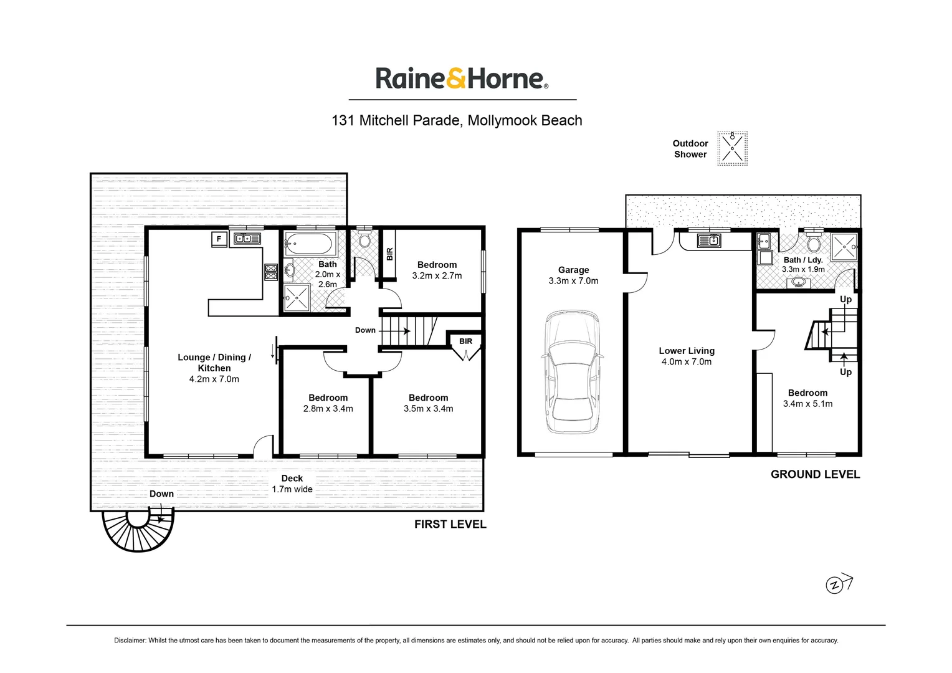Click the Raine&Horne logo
[462, 79]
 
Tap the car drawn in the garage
[573, 372]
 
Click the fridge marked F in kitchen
[219, 239]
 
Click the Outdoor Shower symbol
[732, 148]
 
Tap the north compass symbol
[835, 585]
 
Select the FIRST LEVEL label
[450, 524]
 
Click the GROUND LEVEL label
[815, 474]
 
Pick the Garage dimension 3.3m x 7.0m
[573, 281]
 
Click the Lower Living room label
[687, 351]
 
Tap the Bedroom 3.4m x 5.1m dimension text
[807, 404]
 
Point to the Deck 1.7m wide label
[292, 484]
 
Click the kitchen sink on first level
[247, 238]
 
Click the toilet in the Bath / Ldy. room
[812, 242]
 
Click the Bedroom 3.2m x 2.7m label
[437, 270]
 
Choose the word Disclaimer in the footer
[130, 640]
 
